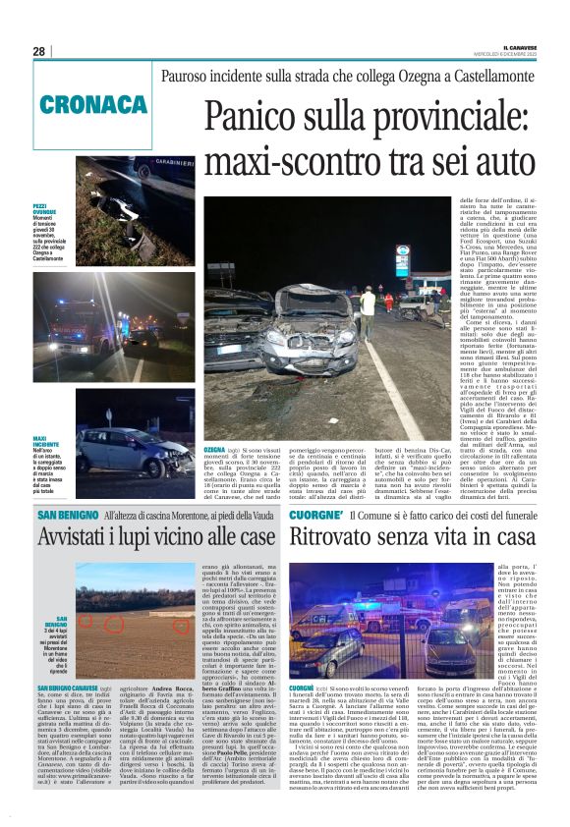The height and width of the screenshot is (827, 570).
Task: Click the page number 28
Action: point(39,51)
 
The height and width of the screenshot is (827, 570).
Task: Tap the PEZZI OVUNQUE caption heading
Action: point(45,210)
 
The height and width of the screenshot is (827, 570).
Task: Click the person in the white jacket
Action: point(368,301)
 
